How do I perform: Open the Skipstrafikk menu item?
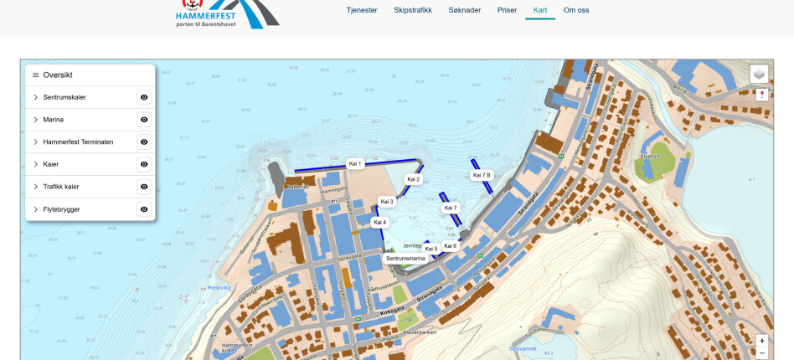coord(413,10)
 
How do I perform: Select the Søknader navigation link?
coord(465,10)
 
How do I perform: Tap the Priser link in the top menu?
coord(507,10)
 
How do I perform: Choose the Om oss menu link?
coord(576,10)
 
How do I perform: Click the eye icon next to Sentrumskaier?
coord(144,97)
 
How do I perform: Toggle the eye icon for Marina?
coord(144,120)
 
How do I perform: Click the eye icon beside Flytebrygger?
coord(144,209)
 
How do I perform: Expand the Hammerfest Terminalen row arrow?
coord(35,142)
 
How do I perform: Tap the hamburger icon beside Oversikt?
coord(35,75)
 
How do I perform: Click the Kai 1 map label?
coord(355,164)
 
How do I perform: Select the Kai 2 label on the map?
coord(413,179)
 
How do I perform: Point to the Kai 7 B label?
coord(482,175)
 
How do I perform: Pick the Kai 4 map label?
coord(379,222)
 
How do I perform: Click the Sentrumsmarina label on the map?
coord(405,259)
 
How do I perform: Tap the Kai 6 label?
coord(450,246)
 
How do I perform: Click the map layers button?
coord(759,74)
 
